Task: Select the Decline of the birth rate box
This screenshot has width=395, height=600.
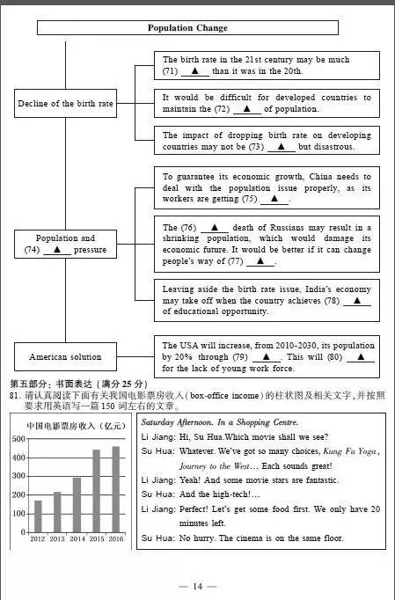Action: point(65,104)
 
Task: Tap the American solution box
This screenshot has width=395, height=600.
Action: point(65,357)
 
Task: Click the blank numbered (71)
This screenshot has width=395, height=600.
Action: point(195,71)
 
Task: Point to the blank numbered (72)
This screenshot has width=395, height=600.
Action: point(247,109)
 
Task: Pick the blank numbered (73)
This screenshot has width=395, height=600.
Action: point(281,147)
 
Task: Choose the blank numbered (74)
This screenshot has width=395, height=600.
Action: point(56,250)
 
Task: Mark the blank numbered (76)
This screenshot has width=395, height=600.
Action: point(215,228)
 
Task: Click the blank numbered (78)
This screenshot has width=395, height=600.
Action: point(356,300)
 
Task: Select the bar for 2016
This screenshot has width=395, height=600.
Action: point(116,489)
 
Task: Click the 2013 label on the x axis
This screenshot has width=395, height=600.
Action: point(57,539)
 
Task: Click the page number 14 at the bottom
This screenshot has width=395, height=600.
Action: point(197,586)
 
